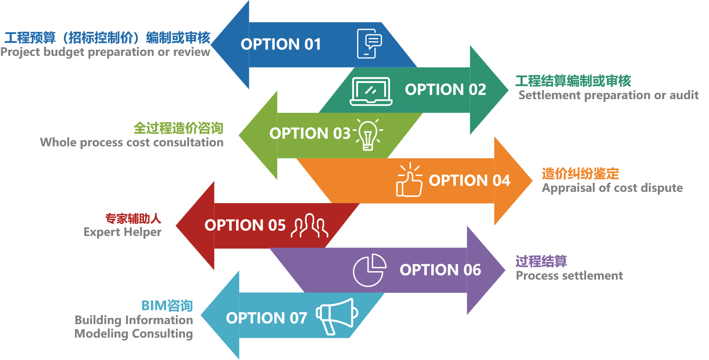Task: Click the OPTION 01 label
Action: coord(281,44)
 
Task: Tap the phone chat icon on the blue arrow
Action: coord(369,44)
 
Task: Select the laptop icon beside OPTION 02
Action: coord(371,92)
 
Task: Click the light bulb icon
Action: coord(368,134)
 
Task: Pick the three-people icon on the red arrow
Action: coord(309,225)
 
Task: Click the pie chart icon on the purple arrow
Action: coord(369,270)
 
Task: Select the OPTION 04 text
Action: coord(469,180)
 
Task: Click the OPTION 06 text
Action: coord(440,270)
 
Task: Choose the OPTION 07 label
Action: coord(267,318)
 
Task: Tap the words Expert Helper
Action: coord(122,232)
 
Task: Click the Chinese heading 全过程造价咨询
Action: coord(179,128)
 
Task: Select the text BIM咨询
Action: coord(167,306)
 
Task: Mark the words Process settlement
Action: coord(569,275)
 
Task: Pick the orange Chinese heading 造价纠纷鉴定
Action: coord(580,173)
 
